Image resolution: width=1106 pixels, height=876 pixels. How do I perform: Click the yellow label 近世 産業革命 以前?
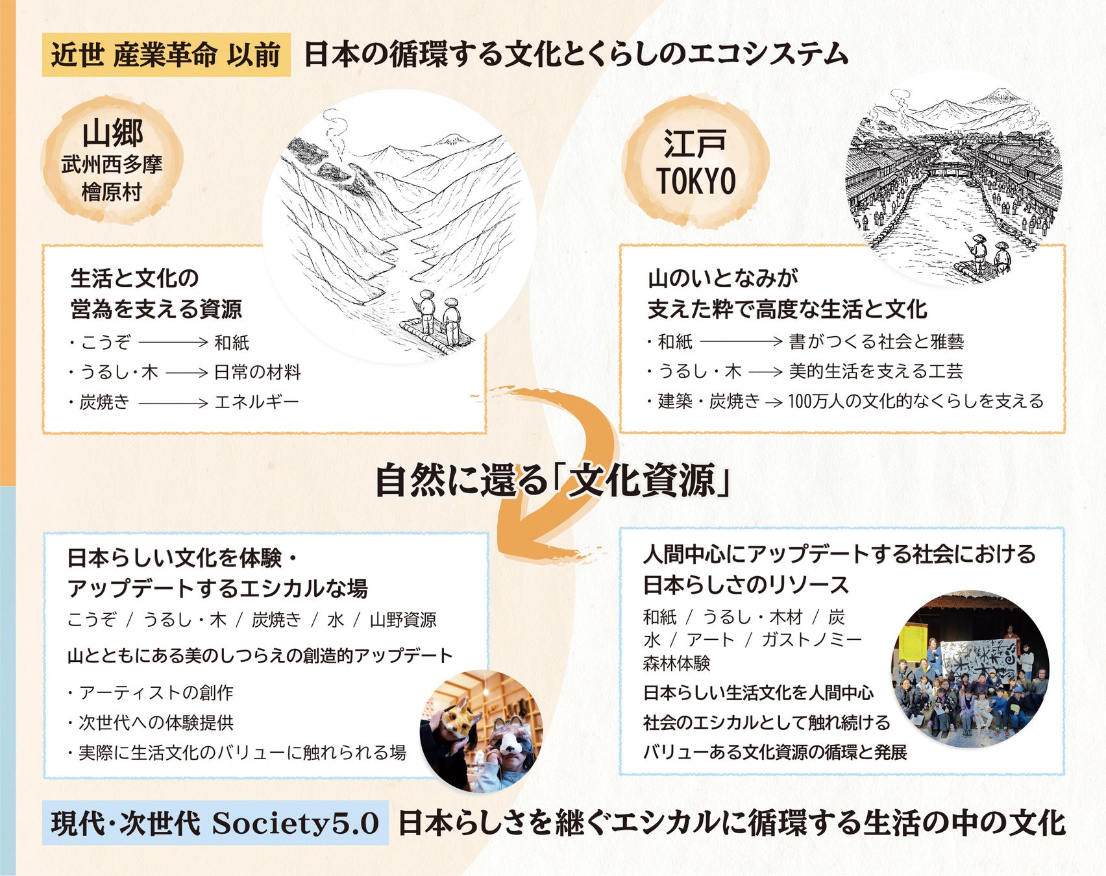click(166, 55)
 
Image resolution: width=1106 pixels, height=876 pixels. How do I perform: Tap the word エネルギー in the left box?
click(257, 402)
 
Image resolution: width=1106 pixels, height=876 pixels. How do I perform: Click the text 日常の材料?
click(258, 372)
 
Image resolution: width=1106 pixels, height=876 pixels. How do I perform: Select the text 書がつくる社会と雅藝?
click(876, 342)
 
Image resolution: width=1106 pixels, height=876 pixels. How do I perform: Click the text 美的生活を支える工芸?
click(876, 372)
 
